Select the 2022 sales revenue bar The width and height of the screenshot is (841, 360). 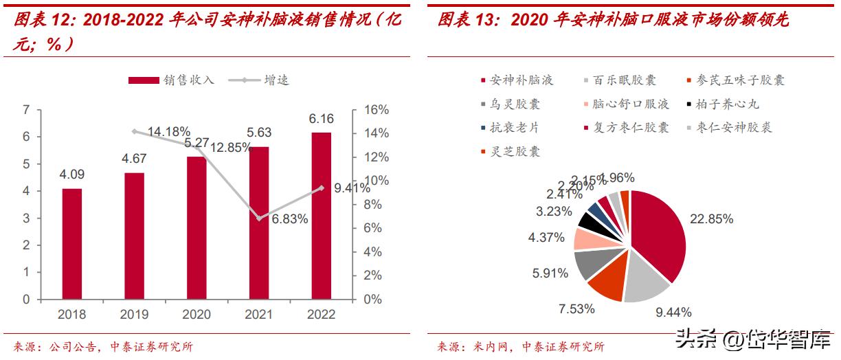point(320,216)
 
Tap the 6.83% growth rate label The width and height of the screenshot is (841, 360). point(289,220)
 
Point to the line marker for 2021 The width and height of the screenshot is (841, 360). point(259,218)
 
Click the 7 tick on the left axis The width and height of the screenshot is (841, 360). point(26,110)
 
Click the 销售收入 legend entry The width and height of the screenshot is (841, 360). point(172,80)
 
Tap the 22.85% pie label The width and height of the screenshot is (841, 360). point(712,219)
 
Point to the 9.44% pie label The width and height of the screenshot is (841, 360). point(673,313)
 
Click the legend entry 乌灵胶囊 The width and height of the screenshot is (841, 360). point(510,104)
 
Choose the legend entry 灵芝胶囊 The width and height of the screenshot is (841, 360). point(510,151)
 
